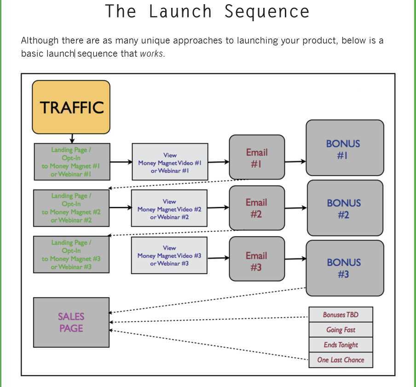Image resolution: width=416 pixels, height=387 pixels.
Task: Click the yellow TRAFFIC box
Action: tap(71, 107)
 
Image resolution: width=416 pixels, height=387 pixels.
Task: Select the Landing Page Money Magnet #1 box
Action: tap(72, 162)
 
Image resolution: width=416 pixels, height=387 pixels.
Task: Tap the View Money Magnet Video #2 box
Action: tap(169, 208)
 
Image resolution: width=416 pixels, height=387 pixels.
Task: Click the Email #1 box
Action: tap(257, 157)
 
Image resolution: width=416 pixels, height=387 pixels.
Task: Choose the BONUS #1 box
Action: tap(345, 148)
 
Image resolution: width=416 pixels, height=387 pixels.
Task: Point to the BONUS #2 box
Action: tap(345, 208)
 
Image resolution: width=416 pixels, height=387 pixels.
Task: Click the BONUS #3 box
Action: tap(345, 268)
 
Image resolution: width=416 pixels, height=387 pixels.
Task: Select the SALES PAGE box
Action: tap(71, 322)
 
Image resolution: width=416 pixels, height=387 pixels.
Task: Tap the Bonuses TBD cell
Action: tap(341, 315)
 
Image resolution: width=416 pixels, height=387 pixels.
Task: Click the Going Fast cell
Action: tap(341, 330)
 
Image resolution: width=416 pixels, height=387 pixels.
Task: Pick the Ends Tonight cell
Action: tap(341, 345)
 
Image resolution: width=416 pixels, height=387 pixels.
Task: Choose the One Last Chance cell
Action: tap(341, 360)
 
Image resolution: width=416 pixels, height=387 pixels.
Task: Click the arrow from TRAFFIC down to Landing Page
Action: tap(72, 138)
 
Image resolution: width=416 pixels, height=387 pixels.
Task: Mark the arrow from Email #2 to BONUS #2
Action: tap(295, 208)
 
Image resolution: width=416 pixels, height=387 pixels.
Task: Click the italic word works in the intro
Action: tap(151, 53)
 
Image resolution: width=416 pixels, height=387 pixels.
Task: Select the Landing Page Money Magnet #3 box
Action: tap(71, 254)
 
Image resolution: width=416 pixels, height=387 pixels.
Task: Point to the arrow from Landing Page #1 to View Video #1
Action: tap(121, 162)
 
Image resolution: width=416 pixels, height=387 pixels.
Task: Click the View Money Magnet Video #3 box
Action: tap(169, 255)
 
